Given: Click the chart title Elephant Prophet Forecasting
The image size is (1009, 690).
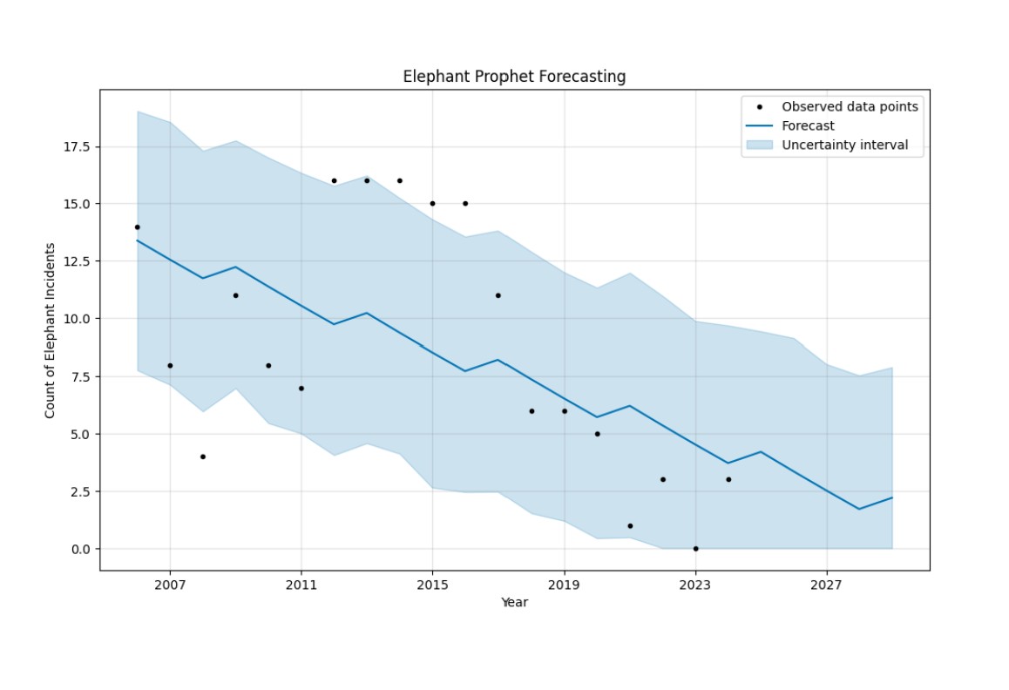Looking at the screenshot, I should click(x=514, y=77).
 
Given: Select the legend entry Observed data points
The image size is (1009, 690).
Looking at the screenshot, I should click(x=850, y=107).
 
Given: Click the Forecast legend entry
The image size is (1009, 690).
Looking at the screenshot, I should click(x=808, y=126).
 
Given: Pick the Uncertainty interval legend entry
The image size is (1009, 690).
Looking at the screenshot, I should click(x=844, y=145).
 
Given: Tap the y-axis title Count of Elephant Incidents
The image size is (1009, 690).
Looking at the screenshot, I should click(x=51, y=330).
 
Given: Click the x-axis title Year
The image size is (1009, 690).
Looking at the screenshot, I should click(x=514, y=602).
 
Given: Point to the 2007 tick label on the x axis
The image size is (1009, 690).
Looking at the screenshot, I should click(x=170, y=585).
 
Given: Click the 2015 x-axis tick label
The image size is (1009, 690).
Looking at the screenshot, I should click(x=433, y=585).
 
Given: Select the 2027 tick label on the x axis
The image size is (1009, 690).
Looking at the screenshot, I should click(x=827, y=585).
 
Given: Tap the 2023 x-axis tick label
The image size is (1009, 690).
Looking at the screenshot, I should click(x=695, y=585).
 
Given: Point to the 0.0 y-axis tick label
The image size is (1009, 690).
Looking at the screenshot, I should click(x=81, y=549).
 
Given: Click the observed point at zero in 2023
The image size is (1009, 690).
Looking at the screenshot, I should click(x=695, y=549).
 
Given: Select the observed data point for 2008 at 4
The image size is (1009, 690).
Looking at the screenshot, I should click(x=203, y=457).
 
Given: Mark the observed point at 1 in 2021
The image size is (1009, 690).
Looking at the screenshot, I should click(x=630, y=526).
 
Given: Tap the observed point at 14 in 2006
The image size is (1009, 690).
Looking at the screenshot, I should click(x=137, y=227).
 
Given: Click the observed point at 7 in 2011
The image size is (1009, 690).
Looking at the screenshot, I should click(x=301, y=388).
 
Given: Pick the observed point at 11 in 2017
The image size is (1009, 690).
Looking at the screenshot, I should click(x=498, y=295).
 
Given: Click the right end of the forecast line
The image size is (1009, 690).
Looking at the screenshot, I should click(x=892, y=497).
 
